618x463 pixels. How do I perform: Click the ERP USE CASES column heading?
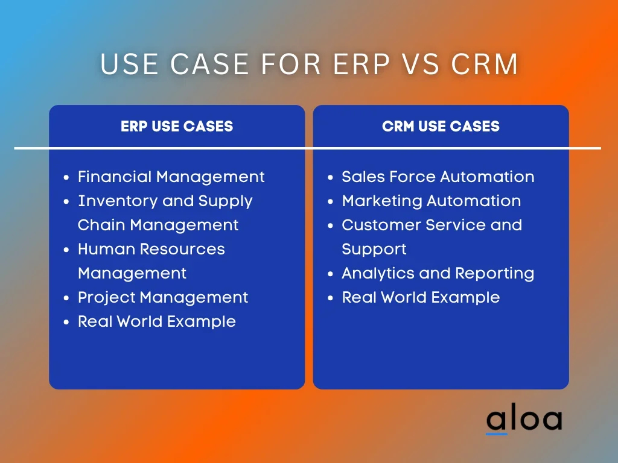pos(177,127)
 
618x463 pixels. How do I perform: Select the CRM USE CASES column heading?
pos(441,127)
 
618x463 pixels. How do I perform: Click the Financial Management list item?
pos(171,177)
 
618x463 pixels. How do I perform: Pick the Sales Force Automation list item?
pos(438,177)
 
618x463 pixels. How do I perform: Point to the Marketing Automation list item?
pos(431,201)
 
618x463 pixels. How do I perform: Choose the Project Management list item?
pos(163,298)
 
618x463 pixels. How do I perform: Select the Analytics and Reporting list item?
pos(438,274)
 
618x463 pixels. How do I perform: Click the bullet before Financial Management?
pos(66,178)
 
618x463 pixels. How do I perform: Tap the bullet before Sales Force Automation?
pos(330,178)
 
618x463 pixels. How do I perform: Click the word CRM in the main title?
pos(485,64)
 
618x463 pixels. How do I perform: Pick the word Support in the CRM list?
pos(374,250)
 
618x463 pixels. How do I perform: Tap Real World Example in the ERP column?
pos(157,322)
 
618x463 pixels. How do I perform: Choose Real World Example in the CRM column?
pos(421,298)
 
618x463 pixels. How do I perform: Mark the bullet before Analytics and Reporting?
pos(330,274)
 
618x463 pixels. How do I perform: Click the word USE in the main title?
pos(130,64)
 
